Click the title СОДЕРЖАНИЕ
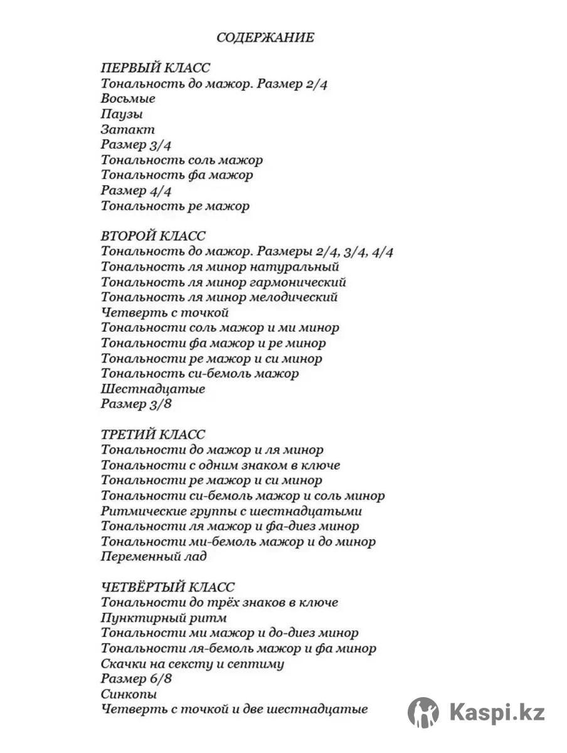265,38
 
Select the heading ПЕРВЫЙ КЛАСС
156,68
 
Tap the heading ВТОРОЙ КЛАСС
153,237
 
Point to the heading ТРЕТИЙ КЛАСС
153,435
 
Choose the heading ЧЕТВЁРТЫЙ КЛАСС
168,587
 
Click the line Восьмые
128,99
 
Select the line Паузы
122,114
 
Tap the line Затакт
127,130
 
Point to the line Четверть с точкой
165,312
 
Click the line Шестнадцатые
153,389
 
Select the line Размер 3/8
136,404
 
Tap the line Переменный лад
154,557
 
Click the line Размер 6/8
136,679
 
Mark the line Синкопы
129,695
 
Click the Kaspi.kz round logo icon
423,713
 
